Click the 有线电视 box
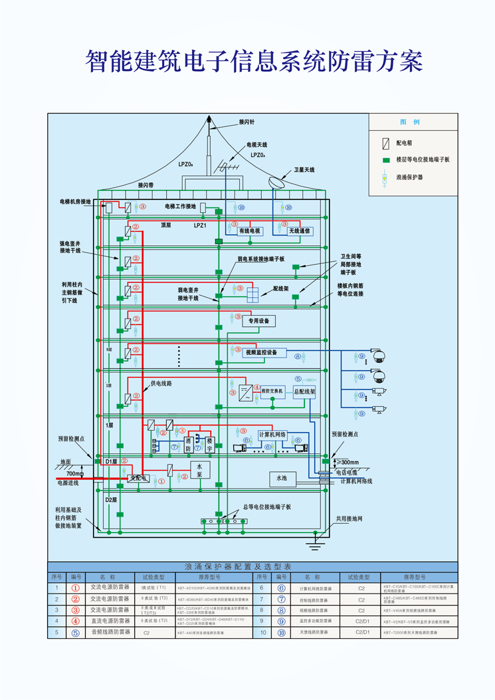coord(245,231)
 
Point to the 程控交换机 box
coord(272,392)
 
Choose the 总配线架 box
coord(304,392)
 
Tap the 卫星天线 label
coord(304,170)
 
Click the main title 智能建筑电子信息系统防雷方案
coord(254,61)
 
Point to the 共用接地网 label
coord(347,519)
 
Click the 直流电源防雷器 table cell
coord(110,620)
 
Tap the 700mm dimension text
coord(76,474)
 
